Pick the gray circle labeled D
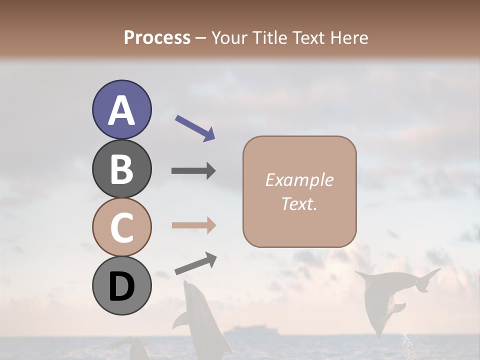pyautogui.click(x=122, y=285)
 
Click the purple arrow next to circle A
pyautogui.click(x=195, y=128)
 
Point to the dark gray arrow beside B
pyautogui.click(x=193, y=171)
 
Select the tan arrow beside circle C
pyautogui.click(x=193, y=225)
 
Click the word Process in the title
pyautogui.click(x=157, y=38)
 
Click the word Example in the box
pyautogui.click(x=299, y=180)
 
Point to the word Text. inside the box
pyautogui.click(x=299, y=203)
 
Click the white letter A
pyautogui.click(x=122, y=111)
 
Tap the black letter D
pyautogui.click(x=122, y=287)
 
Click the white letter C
pyautogui.click(x=122, y=228)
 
